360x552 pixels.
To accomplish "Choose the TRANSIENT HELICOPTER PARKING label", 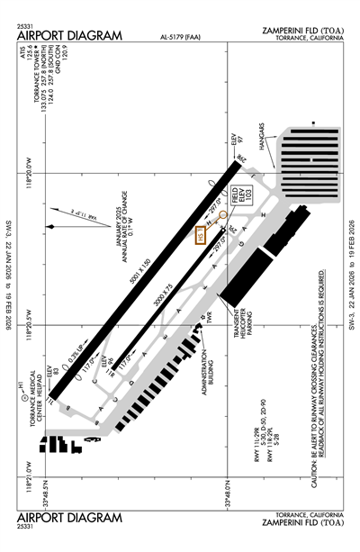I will click(x=238, y=338).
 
